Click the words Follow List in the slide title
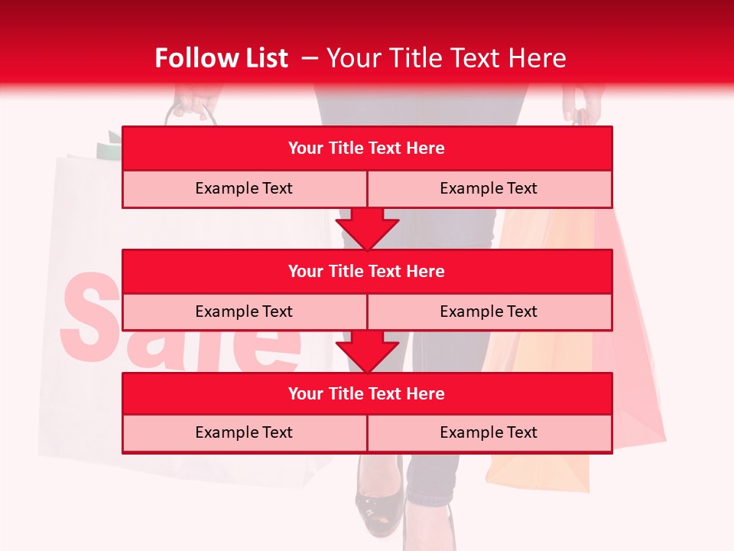[221, 58]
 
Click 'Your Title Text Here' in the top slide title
[446, 58]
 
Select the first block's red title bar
[367, 148]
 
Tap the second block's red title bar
[367, 271]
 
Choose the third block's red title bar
[367, 393]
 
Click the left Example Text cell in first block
[244, 188]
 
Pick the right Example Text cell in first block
[489, 188]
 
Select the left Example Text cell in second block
[244, 311]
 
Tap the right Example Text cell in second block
[489, 311]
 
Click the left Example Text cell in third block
[244, 432]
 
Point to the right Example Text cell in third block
[489, 432]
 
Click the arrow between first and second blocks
[367, 229]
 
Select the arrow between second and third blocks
[367, 351]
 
